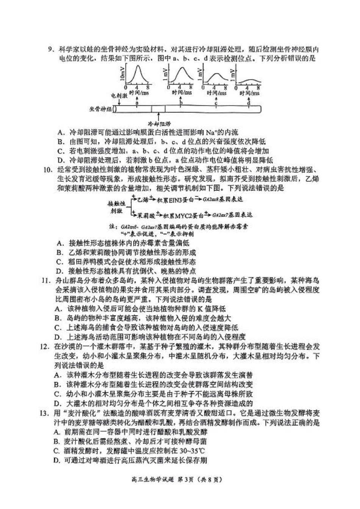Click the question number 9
tap(50, 49)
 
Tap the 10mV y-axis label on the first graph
tap(122, 75)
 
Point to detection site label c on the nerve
tap(216, 103)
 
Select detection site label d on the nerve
tap(249, 103)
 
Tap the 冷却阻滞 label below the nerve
tap(159, 124)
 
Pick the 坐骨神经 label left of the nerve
tap(100, 109)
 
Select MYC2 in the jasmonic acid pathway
tap(185, 215)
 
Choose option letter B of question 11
tap(57, 318)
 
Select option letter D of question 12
tap(57, 403)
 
